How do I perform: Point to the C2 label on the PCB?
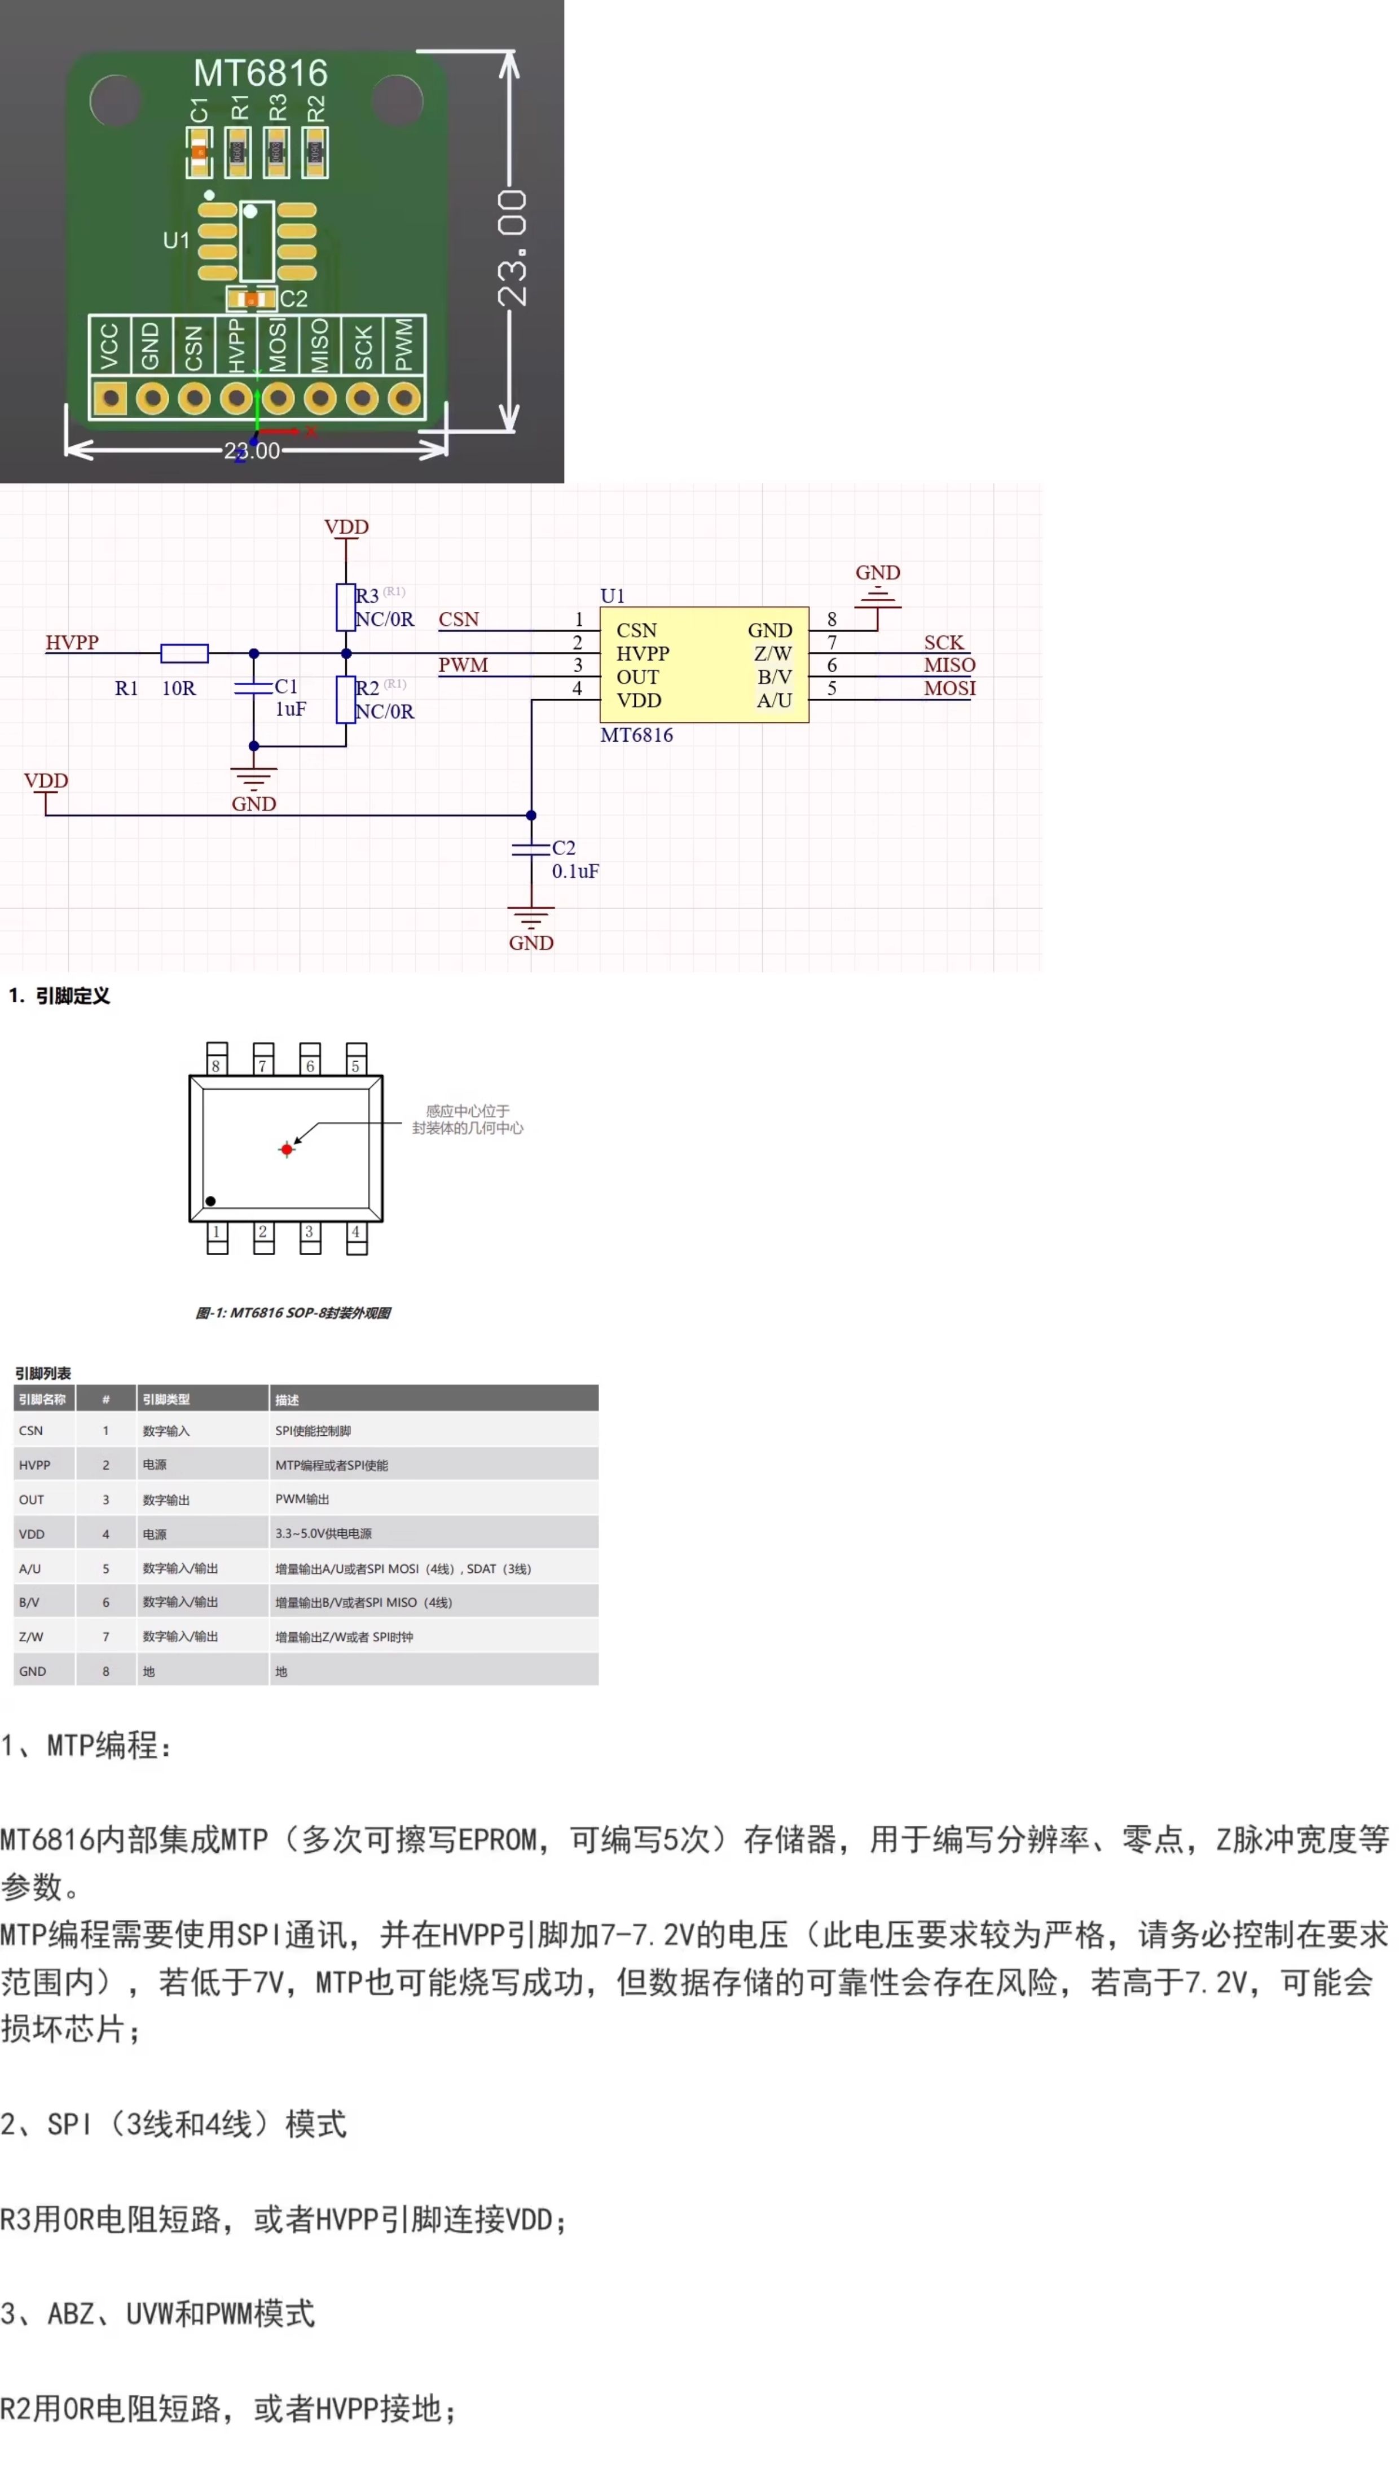coord(294,300)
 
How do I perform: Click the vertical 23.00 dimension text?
coord(512,248)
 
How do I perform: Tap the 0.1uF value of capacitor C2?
coord(575,871)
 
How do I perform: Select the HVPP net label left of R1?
coord(72,642)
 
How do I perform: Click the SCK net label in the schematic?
coord(944,642)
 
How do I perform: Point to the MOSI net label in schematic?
coord(949,689)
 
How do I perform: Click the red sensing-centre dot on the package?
coord(286,1149)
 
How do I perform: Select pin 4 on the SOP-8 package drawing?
coord(357,1238)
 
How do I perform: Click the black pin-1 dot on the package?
coord(211,1201)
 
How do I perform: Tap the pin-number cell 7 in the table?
coord(106,1636)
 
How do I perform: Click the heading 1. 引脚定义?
coord(60,996)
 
